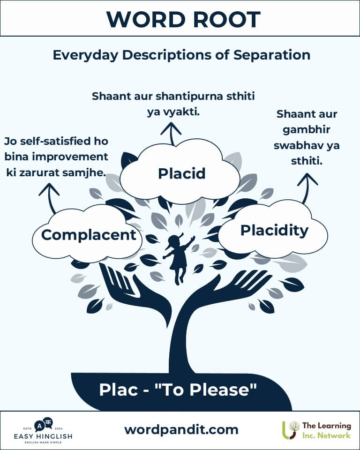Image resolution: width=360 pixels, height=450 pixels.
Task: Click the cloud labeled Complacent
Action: [88, 234]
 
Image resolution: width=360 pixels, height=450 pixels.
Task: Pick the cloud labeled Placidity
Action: [274, 231]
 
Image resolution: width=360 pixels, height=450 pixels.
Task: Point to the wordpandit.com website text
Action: [181, 429]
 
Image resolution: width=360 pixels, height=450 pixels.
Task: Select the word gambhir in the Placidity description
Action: [307, 129]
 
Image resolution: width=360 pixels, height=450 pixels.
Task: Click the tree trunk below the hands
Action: [180, 342]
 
